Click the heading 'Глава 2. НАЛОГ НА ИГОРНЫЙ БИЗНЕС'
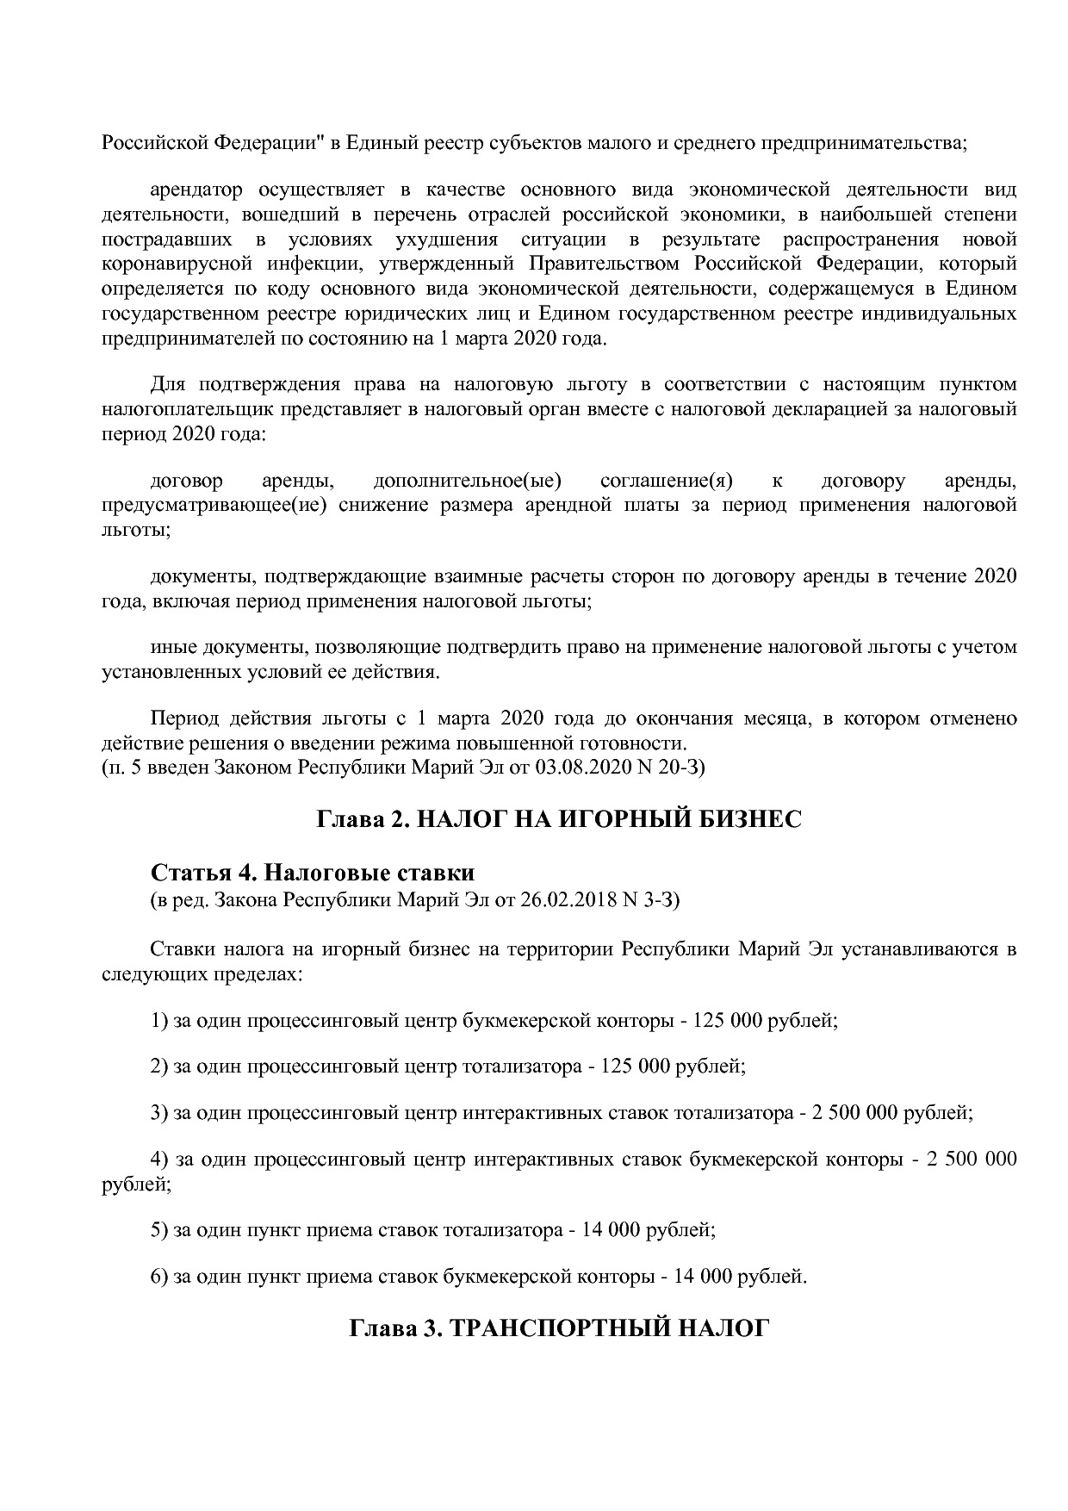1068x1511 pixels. pyautogui.click(x=559, y=818)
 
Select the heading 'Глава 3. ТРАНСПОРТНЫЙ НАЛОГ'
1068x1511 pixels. pyautogui.click(x=558, y=1328)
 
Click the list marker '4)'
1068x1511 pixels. pyautogui.click(x=159, y=1159)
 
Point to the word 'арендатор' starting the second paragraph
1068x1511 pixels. pyautogui.click(x=196, y=190)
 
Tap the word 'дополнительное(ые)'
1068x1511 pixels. pyautogui.click(x=468, y=480)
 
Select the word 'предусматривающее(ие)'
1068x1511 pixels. pyautogui.click(x=214, y=505)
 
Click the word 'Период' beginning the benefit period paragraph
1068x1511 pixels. pyautogui.click(x=181, y=718)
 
